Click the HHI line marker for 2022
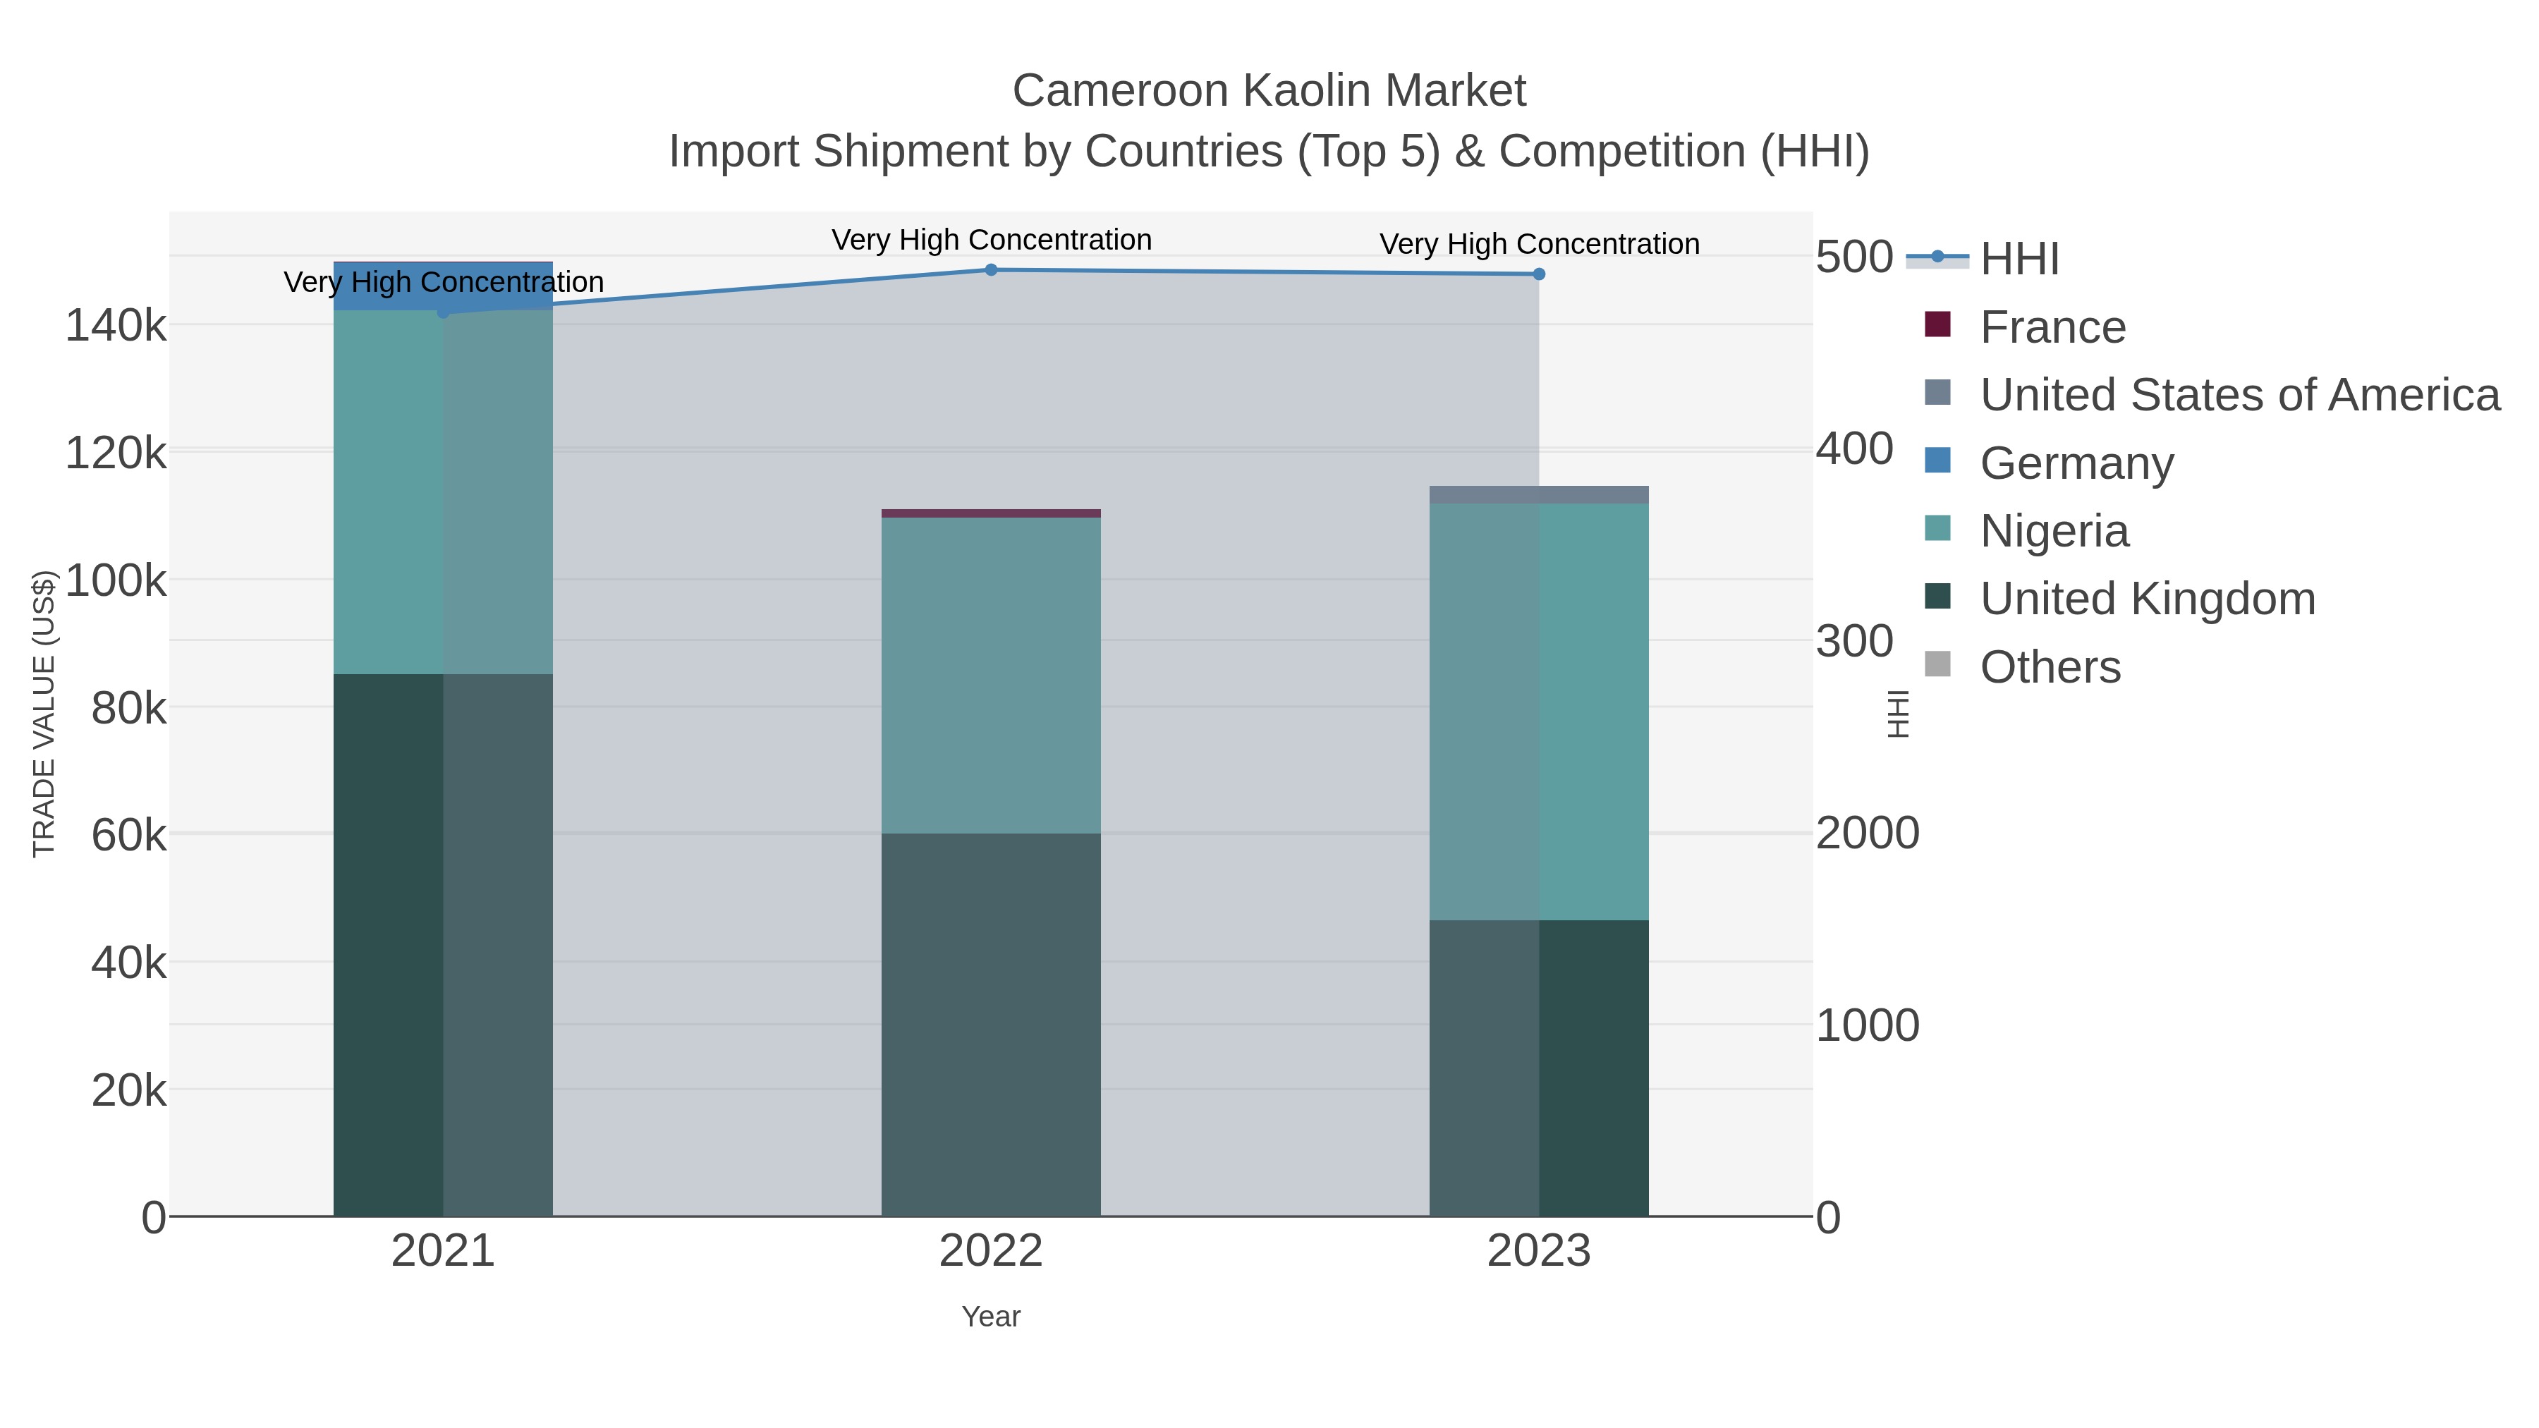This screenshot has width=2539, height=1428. pos(991,270)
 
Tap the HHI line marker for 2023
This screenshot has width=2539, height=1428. pos(1539,274)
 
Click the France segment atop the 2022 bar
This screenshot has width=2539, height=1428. pos(991,513)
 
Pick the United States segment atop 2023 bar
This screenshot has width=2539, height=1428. pos(1539,495)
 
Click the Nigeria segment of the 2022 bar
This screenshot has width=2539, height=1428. pos(991,675)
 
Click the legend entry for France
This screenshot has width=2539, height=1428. pos(2052,327)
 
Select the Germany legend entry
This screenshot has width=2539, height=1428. pos(2076,463)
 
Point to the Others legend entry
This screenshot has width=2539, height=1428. pos(2050,667)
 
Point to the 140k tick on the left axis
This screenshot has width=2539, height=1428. pos(116,325)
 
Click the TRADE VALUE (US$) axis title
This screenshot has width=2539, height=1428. pos(44,714)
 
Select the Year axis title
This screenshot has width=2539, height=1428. pos(991,1317)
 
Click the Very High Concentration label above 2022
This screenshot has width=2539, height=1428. pos(991,240)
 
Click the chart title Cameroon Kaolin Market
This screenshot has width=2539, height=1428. pos(1269,91)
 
